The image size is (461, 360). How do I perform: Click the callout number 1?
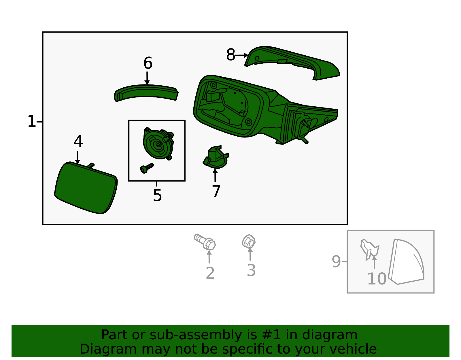(x=32, y=121)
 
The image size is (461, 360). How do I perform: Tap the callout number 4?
(x=78, y=141)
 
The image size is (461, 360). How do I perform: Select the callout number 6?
(x=148, y=63)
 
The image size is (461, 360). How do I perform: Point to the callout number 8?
(x=231, y=55)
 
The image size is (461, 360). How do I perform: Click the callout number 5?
(x=157, y=195)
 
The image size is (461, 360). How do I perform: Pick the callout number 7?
(x=216, y=191)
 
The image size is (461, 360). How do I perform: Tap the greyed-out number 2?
(x=210, y=273)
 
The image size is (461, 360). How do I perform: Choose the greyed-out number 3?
(x=251, y=270)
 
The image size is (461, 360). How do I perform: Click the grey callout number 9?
(x=336, y=261)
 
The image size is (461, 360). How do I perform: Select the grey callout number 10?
(x=377, y=279)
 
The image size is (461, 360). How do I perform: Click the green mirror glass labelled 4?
(x=86, y=188)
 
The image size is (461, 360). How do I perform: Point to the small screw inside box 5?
(x=147, y=168)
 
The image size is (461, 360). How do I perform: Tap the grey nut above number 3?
(x=249, y=241)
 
